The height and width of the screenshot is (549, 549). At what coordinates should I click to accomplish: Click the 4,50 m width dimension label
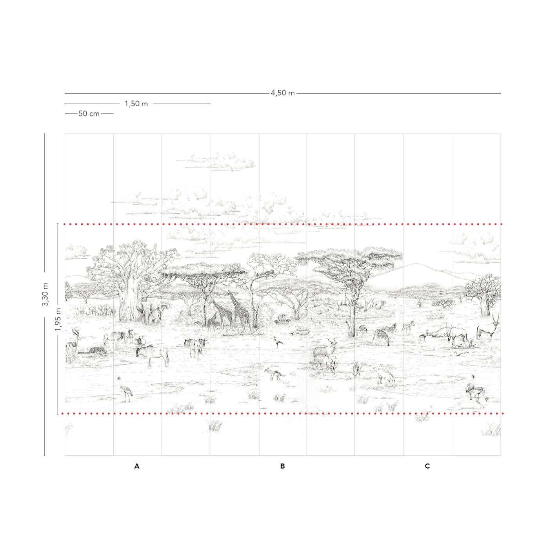click(x=282, y=93)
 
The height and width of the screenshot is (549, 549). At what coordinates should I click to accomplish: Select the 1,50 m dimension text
click(x=136, y=104)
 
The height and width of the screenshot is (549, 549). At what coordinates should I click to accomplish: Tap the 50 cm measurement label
click(x=89, y=114)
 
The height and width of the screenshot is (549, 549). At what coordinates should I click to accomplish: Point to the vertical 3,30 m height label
click(x=45, y=294)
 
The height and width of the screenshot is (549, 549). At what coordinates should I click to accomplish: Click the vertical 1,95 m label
click(x=58, y=319)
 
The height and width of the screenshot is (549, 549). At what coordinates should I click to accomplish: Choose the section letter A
click(x=137, y=466)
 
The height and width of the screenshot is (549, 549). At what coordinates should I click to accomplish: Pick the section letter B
click(x=282, y=466)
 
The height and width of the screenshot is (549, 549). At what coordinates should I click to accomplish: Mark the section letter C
click(x=427, y=466)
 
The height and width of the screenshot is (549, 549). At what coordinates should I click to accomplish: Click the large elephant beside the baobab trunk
click(x=147, y=313)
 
